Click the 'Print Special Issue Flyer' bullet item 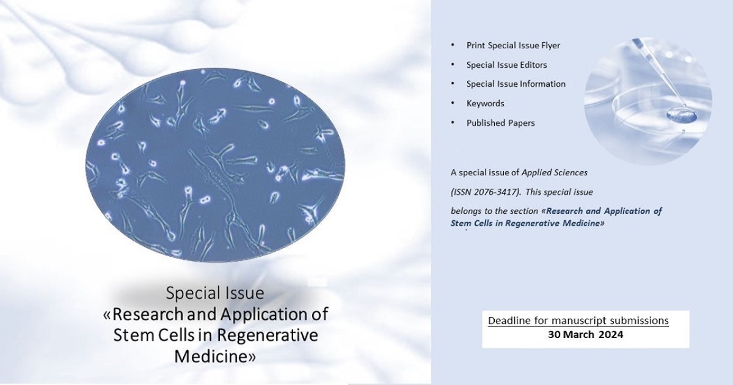513,45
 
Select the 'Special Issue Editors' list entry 506,65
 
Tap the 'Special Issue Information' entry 516,84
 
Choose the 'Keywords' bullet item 485,103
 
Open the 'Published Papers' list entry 501,123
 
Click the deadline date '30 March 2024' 586,335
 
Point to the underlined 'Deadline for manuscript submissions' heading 578,320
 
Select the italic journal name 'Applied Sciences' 555,172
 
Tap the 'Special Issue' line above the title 215,293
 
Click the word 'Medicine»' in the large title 215,356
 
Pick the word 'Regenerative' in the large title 268,335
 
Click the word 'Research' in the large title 148,314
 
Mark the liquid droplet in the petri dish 682,115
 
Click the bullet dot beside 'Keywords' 453,103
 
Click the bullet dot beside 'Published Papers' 453,122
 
